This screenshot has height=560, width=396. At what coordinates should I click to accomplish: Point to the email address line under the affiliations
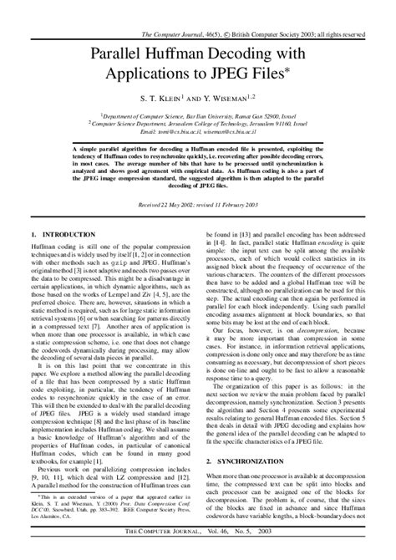click(x=197, y=132)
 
